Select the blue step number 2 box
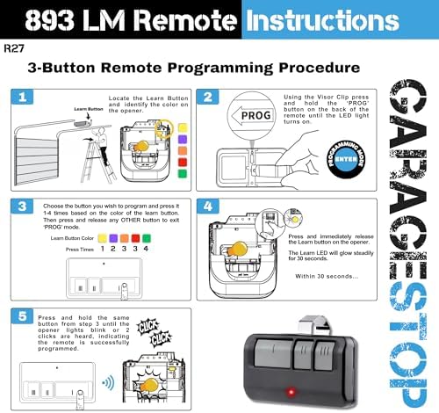coord(209,98)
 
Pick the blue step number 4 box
coord(209,207)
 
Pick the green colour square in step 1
coord(181,175)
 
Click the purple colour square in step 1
coord(181,138)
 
